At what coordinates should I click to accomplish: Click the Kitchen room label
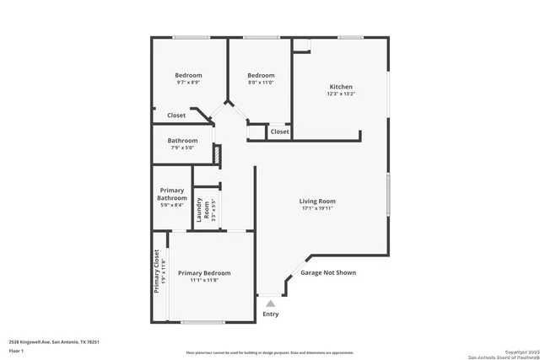click(341, 87)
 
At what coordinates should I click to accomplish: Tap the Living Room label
click(317, 201)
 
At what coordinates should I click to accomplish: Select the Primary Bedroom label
click(204, 273)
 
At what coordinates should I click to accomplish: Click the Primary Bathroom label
click(171, 195)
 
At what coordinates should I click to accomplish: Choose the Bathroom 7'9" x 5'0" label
click(182, 141)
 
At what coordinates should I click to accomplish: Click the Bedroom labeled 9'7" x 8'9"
click(188, 75)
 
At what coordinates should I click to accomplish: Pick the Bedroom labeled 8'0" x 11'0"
click(261, 75)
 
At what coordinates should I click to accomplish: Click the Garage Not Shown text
click(328, 273)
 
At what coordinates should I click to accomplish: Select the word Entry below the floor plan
click(270, 314)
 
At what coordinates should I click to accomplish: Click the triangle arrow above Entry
click(270, 302)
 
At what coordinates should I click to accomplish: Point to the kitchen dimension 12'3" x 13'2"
click(341, 94)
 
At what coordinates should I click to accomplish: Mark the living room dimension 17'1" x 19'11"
click(317, 209)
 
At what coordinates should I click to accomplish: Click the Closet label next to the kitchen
click(279, 132)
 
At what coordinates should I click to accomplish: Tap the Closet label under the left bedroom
click(176, 116)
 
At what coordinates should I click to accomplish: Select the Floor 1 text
click(16, 349)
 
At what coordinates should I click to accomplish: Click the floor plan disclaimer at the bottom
click(270, 352)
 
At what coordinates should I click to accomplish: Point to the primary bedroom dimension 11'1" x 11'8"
click(204, 281)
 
